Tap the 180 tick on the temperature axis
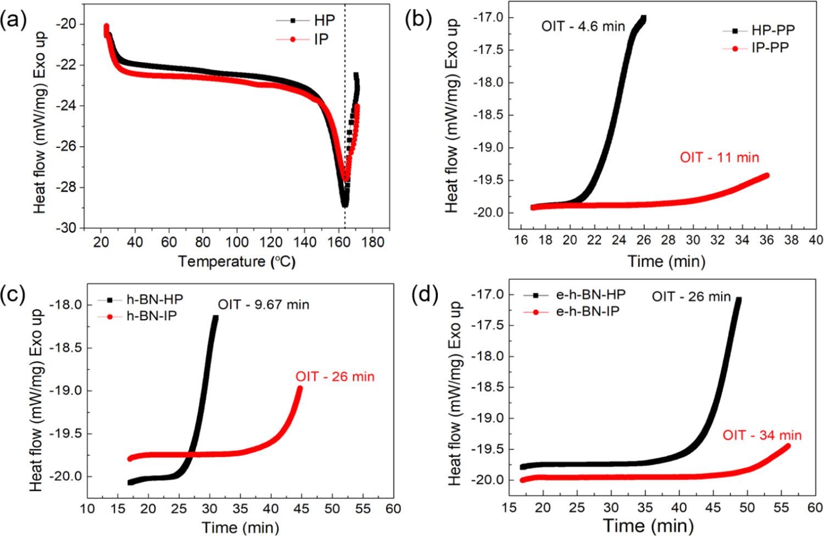pyautogui.click(x=373, y=242)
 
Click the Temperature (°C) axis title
pyautogui.click(x=237, y=261)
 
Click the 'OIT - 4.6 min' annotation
pyautogui.click(x=583, y=26)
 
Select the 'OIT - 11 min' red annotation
pyautogui.click(x=719, y=158)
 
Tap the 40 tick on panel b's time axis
pyautogui.click(x=816, y=240)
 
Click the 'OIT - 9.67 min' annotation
pyautogui.click(x=263, y=304)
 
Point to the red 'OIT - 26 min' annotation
pyautogui.click(x=335, y=377)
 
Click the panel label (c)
pyautogui.click(x=13, y=295)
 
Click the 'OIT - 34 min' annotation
pyautogui.click(x=762, y=435)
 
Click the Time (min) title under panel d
pyautogui.click(x=648, y=525)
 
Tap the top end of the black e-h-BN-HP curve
pyautogui.click(x=738, y=300)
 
